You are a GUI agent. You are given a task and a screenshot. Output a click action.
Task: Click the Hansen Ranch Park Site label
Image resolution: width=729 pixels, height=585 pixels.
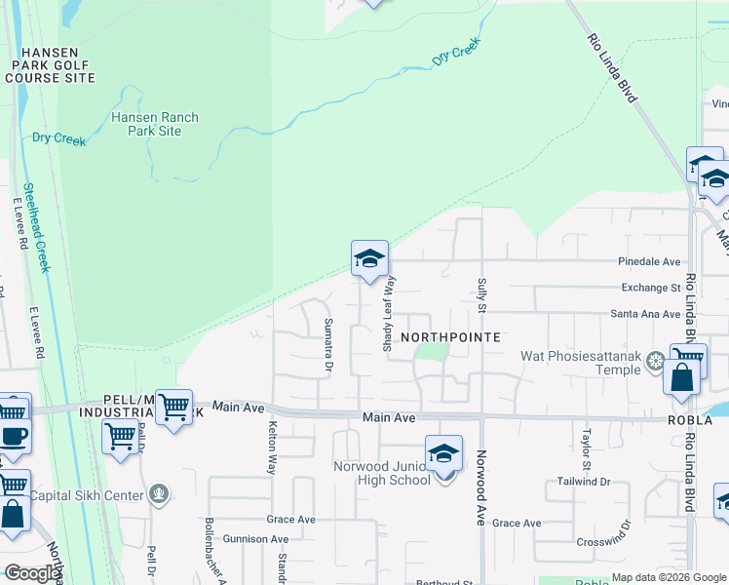coord(154,124)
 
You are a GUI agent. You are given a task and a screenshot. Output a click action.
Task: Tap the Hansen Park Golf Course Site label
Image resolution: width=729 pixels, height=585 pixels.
coord(54,63)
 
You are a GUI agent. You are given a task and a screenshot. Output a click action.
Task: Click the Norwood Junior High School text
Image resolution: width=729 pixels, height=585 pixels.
coord(382,473)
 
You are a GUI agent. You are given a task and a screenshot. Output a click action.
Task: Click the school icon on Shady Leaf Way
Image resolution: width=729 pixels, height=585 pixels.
coord(369,259)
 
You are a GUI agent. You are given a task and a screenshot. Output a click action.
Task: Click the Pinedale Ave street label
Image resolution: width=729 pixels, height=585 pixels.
coord(649,261)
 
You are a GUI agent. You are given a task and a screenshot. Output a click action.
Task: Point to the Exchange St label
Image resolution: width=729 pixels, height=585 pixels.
coord(650,288)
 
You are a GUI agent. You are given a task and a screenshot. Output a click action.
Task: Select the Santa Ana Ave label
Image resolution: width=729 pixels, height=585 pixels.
coord(645,314)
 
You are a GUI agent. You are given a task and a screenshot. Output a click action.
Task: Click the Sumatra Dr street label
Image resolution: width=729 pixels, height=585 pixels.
coord(328,345)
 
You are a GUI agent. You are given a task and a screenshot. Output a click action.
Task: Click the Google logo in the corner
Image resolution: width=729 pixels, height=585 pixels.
coord(31,573)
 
